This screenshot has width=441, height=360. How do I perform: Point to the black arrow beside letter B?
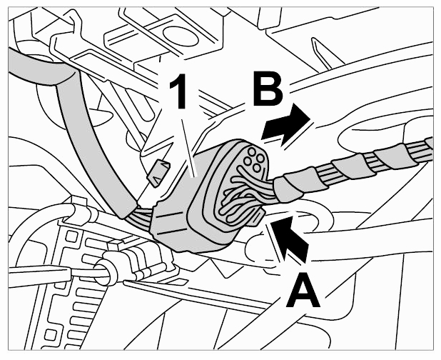pos(285,124)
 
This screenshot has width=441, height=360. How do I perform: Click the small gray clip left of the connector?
pos(158,172)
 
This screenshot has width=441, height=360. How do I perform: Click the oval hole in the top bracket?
pos(181,36)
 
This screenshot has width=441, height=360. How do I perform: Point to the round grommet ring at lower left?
pos(106,272)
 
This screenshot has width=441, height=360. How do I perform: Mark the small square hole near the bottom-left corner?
pos(50,335)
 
